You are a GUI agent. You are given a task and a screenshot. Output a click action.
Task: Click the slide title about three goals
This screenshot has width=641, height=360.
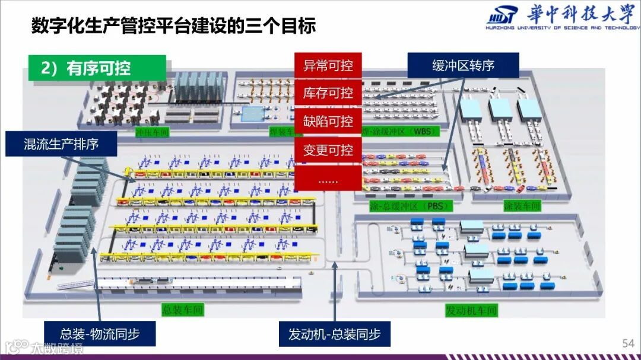point(173,26)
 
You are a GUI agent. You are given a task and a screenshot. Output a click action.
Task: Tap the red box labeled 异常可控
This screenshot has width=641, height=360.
point(328,65)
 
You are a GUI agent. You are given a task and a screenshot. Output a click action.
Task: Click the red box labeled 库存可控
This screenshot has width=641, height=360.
point(328,93)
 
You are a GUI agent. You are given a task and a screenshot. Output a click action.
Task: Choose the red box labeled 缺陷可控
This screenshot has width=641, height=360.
point(328,122)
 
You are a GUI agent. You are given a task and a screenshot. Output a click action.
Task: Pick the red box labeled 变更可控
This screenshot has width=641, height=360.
point(328,150)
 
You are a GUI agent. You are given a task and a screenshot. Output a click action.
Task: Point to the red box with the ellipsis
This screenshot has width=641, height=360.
point(328,179)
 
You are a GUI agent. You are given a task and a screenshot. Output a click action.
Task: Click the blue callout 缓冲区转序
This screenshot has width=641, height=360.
point(463,65)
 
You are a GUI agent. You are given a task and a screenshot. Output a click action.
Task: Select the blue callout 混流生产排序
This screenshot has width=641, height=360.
point(61,144)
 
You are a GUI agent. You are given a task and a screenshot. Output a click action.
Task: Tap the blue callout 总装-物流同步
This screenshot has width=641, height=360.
point(100,334)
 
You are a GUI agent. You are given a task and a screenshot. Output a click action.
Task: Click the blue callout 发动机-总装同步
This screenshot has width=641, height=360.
point(335,334)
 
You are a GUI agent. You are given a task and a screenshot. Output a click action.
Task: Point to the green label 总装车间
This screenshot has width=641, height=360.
point(183,310)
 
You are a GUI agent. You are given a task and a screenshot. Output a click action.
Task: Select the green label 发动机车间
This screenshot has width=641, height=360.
point(471,310)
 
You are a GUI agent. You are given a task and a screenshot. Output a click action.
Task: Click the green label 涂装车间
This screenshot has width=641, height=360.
point(522,206)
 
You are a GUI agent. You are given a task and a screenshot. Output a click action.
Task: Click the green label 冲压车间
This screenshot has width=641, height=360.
point(153,132)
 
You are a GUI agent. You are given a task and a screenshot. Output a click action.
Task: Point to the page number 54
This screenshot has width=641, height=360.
point(628,343)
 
